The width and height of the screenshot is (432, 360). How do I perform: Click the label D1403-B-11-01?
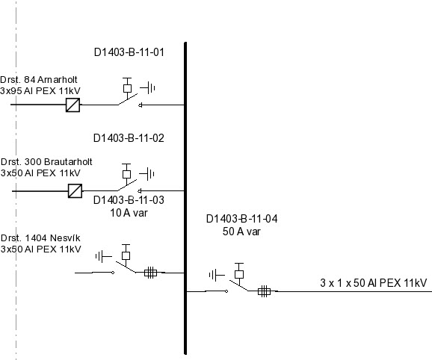pos(129,53)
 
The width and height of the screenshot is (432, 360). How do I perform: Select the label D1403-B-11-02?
pos(129,138)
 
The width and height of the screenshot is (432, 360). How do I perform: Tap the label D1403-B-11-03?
pos(129,200)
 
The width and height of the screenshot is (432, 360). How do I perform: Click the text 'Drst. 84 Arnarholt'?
pos(39,79)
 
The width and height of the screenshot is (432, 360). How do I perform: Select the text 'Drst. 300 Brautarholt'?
pos(46,161)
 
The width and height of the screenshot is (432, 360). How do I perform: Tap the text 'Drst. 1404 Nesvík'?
pos(40,238)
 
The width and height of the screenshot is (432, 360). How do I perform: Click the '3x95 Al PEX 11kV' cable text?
pos(40,90)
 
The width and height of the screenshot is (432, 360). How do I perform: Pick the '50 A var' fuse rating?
pos(241,232)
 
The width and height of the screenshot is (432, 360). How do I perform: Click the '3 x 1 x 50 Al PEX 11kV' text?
pos(373,283)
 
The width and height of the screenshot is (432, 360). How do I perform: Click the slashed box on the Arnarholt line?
pos(72,105)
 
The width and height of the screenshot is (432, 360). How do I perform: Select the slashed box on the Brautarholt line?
pos(75,190)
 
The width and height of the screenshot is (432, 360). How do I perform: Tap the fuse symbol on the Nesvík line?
pos(150,273)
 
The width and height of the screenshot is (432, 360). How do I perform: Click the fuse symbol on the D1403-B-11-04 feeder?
pos(264,291)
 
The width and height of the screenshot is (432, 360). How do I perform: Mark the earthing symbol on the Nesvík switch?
pos(102,256)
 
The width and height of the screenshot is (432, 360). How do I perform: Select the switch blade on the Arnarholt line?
pos(127,100)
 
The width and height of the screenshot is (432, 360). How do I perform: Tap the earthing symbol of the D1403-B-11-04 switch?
pos(215,276)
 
